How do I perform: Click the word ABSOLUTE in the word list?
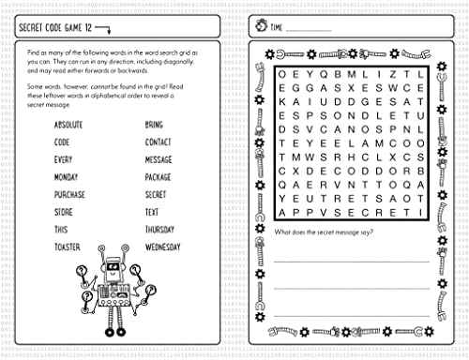coord(71,125)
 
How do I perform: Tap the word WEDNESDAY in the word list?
coord(163,247)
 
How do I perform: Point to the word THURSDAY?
coord(160,230)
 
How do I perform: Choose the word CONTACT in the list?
coord(159,142)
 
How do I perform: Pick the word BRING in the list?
coord(154,125)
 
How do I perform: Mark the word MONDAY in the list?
coord(68,177)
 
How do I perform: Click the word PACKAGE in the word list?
coord(159,177)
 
